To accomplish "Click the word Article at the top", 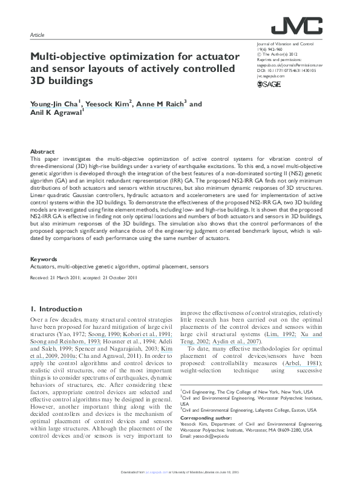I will pos(37,36).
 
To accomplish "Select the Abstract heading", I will pos(43,151).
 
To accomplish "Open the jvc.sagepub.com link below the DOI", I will pos(270,76).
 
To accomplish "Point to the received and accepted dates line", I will pos(84,278).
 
